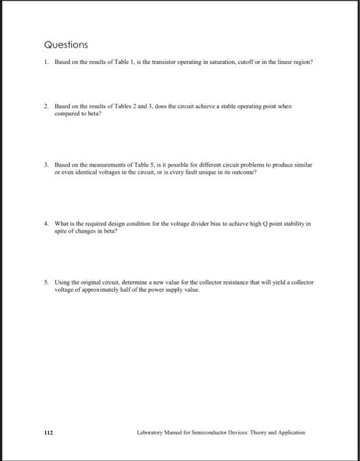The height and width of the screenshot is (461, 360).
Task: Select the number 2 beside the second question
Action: click(x=45, y=105)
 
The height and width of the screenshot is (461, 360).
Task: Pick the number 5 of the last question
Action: click(x=45, y=281)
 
